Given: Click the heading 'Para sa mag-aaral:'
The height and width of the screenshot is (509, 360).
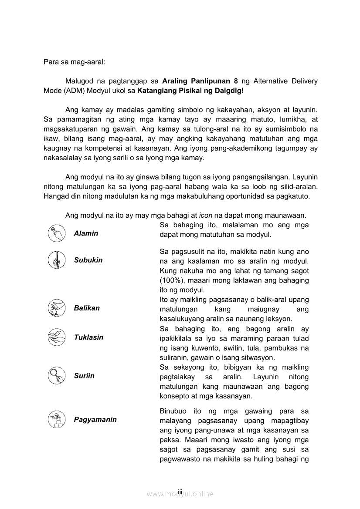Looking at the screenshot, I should pos(74,62).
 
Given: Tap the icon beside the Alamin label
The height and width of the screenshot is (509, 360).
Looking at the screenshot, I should pos(56,233).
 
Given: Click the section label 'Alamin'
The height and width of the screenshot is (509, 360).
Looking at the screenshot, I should pos(86,233).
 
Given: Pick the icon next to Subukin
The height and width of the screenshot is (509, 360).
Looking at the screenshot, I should pos(56,260).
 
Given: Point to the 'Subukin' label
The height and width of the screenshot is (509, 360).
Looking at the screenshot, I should pos(88,260).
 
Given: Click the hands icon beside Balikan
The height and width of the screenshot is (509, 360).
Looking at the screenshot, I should pos(56,308).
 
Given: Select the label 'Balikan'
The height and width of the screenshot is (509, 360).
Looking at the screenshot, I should pos(87,308).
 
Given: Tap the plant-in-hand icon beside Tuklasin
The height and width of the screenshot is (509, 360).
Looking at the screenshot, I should pos(56,337).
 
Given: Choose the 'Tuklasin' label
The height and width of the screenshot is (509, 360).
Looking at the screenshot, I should pos(88,337).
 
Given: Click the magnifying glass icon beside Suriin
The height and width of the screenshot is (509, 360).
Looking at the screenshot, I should pos(56,376).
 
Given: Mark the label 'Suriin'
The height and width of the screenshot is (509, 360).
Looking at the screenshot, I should pos(84,376).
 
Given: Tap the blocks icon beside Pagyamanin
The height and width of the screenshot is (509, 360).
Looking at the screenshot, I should pos(56,419).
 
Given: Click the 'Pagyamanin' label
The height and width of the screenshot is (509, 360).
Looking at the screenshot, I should pos(95,420).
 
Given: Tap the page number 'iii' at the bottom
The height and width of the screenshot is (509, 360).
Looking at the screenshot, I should pos(180,491).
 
